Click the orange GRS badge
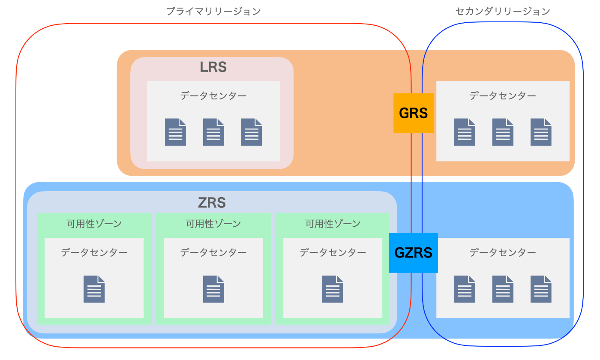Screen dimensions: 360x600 point(414,113)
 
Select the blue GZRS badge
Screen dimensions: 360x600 point(413,252)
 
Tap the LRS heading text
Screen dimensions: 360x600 point(213,67)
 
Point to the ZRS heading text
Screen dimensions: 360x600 point(212,202)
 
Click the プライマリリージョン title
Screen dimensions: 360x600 point(213,12)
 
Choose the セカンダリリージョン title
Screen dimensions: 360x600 point(503,12)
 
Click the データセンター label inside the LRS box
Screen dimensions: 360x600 point(213,96)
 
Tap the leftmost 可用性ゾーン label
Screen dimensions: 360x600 point(94,223)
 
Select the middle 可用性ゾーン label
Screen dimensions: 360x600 point(213,223)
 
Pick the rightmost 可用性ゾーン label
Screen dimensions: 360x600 point(333,223)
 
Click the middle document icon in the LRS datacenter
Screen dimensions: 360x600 point(213,132)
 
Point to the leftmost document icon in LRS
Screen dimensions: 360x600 point(176,132)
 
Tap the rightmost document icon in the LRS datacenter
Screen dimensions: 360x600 point(252,132)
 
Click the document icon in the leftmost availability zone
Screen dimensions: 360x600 point(94,289)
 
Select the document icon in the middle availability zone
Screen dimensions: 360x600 point(213,289)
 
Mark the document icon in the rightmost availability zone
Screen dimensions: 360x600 point(333,289)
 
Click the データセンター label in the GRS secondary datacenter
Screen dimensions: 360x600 point(503,96)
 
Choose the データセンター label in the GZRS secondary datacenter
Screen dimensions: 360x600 point(503,252)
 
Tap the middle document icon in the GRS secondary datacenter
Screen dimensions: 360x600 point(503,132)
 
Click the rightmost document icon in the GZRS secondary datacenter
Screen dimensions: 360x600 point(541,289)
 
